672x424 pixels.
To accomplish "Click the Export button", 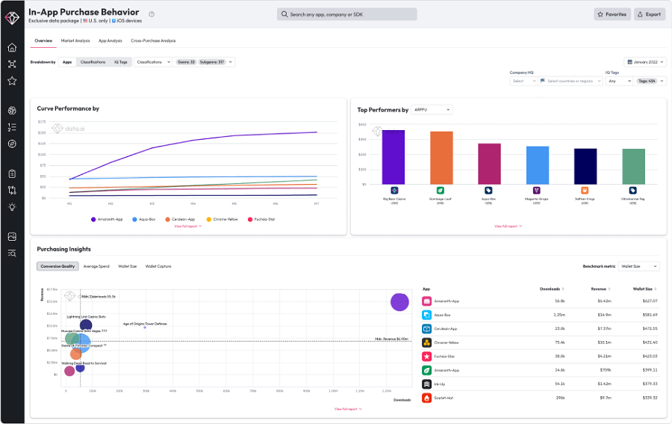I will coord(649,14).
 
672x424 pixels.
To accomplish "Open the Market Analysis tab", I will coord(75,40).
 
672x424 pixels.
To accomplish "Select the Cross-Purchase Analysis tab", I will coord(153,40).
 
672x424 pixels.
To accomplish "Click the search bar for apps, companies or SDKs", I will coord(346,14).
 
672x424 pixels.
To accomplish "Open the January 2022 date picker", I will coord(644,62).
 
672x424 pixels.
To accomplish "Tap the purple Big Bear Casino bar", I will coord(393,157).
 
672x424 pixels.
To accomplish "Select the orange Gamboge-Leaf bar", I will coord(441,158).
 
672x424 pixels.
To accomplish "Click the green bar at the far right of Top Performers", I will coord(633,166).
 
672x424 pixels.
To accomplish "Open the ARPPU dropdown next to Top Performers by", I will coord(432,110).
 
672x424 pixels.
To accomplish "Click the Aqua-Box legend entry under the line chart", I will coord(144,219).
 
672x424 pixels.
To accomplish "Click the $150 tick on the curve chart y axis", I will coord(42,132).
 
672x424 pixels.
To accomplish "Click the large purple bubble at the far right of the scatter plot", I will coord(399,302).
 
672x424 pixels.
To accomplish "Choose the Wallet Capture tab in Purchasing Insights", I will coord(158,266).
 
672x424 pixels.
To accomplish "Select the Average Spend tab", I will coord(96,266).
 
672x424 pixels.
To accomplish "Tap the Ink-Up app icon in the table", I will coord(427,384).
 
